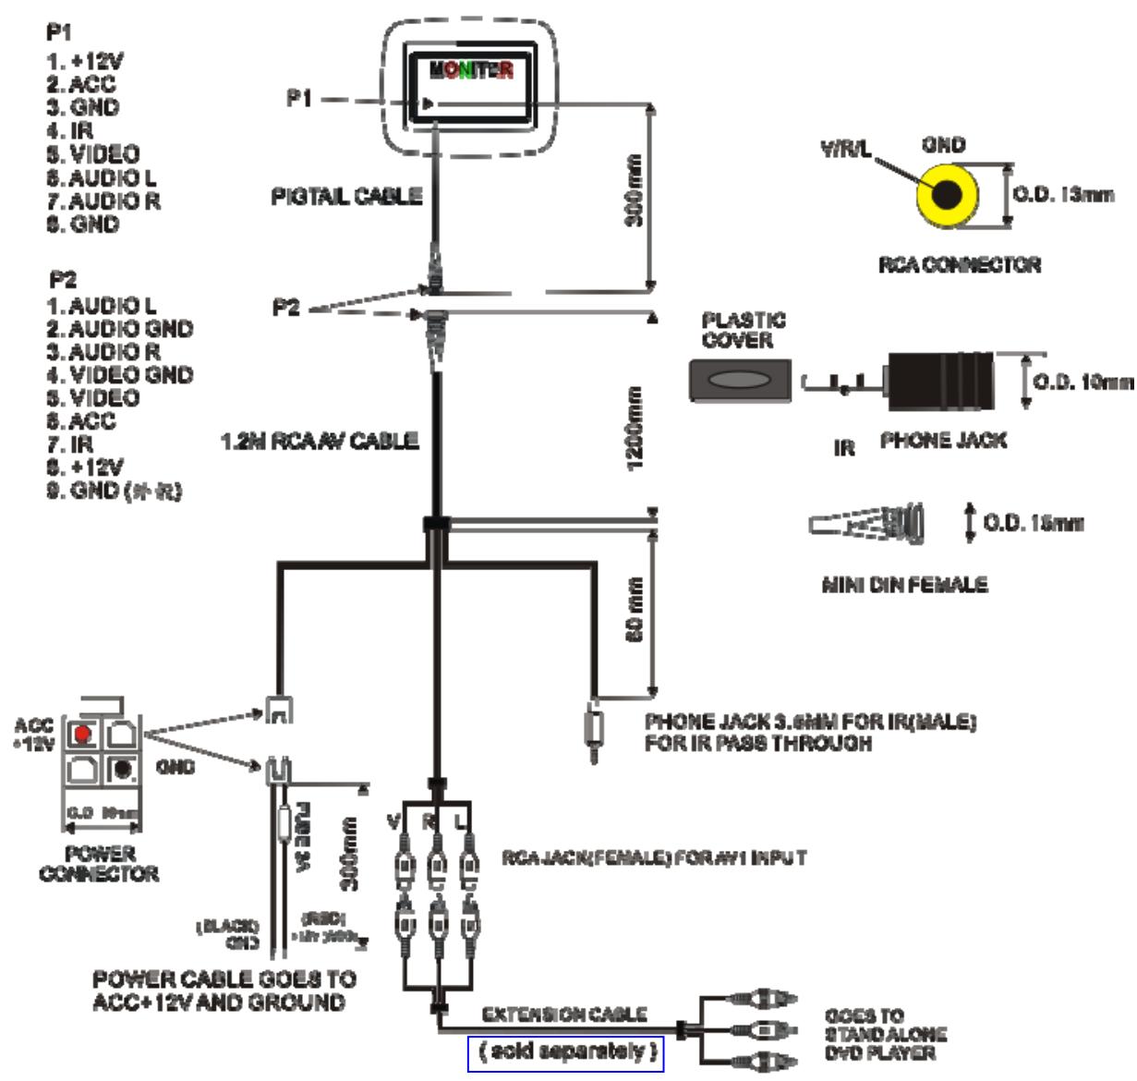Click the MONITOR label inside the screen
471,70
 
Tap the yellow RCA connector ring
946,195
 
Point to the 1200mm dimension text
636,428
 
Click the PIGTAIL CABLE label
346,196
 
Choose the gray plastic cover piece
740,380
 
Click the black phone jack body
940,381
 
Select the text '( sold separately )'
565,1051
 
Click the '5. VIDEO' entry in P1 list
93,154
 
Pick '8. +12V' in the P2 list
86,468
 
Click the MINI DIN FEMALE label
904,585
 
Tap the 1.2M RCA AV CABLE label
320,442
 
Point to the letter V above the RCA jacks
393,821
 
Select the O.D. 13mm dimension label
1063,195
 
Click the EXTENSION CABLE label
564,1014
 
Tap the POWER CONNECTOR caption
99,863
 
